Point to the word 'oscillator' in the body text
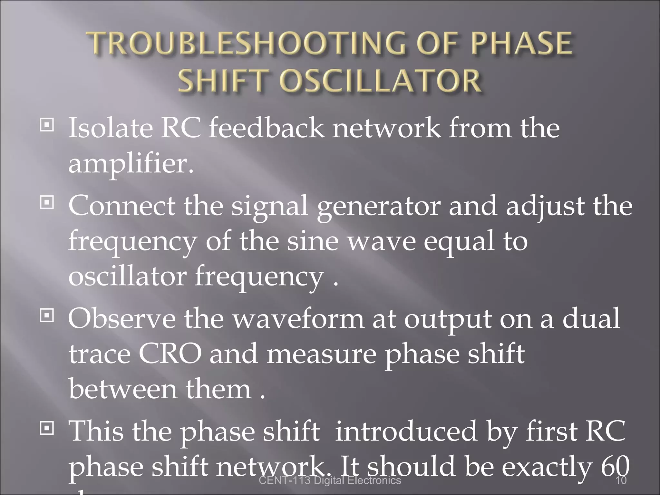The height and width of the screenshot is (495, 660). pos(127,276)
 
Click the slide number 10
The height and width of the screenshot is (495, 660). pos(621,480)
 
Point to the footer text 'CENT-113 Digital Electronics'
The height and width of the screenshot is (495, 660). pos(330,480)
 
